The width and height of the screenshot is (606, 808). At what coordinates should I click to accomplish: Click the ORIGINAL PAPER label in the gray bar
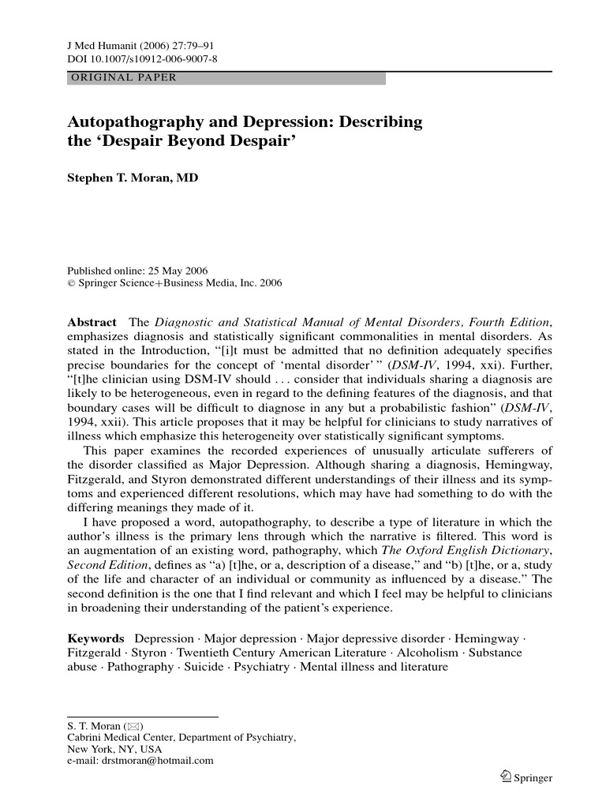coord(124,78)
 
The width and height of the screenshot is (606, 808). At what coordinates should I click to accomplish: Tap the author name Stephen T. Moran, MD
coord(133,178)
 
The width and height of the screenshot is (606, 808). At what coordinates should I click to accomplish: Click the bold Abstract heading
coord(92,323)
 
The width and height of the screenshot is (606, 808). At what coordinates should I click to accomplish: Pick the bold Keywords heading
coord(95,638)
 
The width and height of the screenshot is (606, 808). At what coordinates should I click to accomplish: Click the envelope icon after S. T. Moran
coord(132,726)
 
